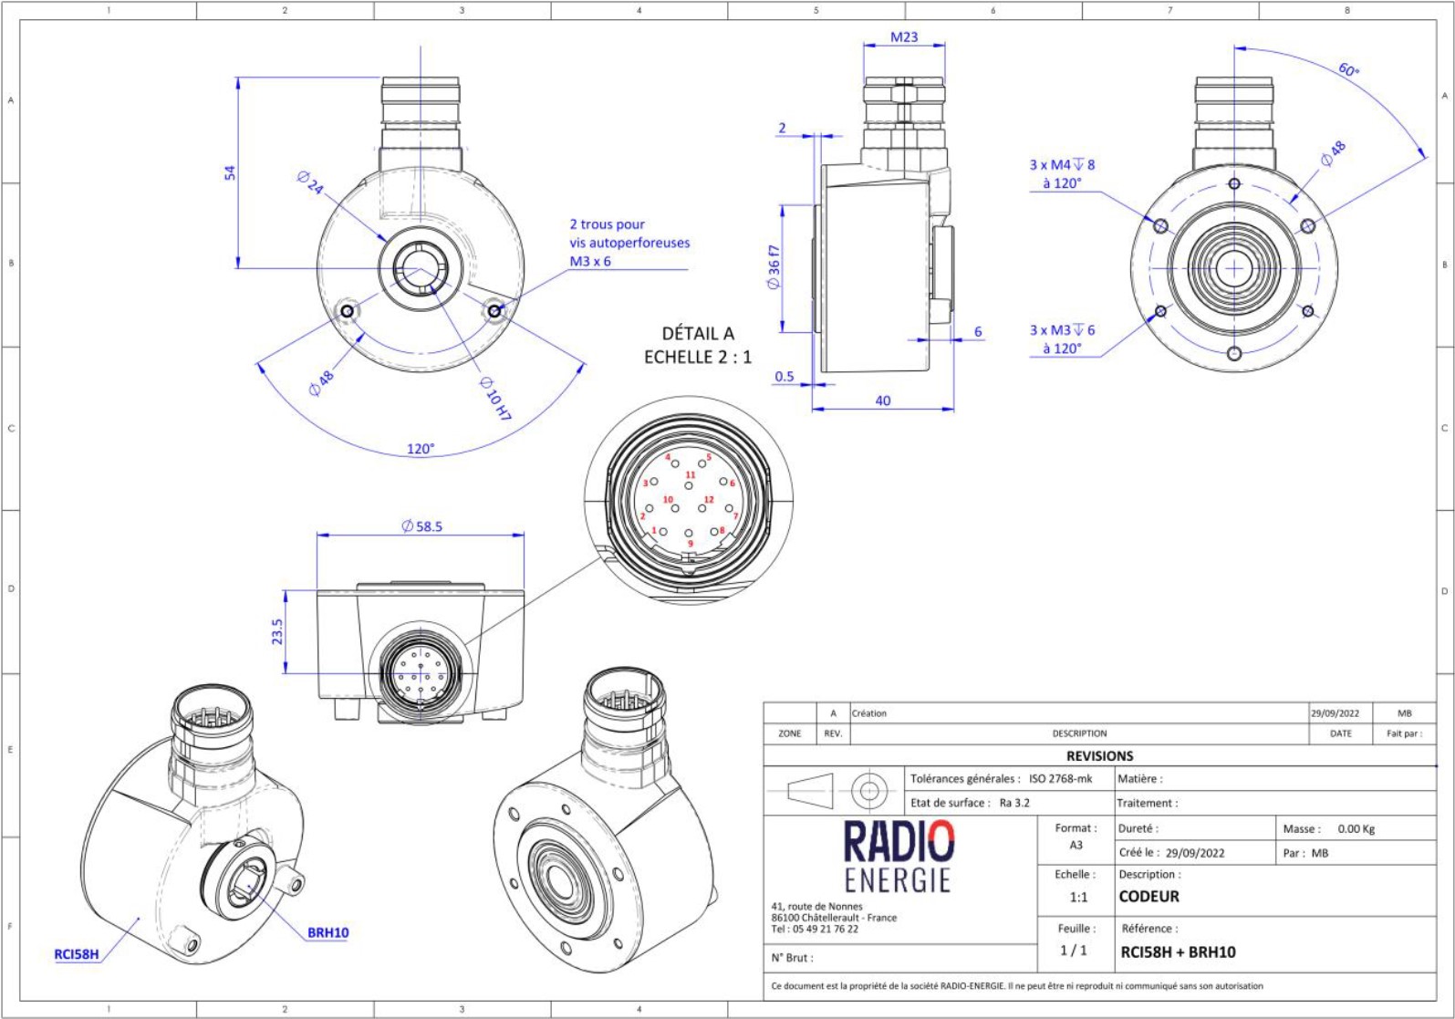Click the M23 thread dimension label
903,37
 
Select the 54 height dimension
230,172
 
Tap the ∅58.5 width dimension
421,526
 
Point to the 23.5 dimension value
277,631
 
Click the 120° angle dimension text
421,449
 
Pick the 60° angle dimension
1348,70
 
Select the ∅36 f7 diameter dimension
774,267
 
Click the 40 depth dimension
882,400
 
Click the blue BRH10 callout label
327,932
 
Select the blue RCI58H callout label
77,954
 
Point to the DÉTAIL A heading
698,334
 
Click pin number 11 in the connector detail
691,475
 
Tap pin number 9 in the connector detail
691,545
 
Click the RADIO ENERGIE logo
898,856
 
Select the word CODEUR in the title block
1148,897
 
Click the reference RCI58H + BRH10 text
1178,952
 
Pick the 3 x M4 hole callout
1062,165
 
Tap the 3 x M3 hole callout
1062,330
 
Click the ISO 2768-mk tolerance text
1060,779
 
